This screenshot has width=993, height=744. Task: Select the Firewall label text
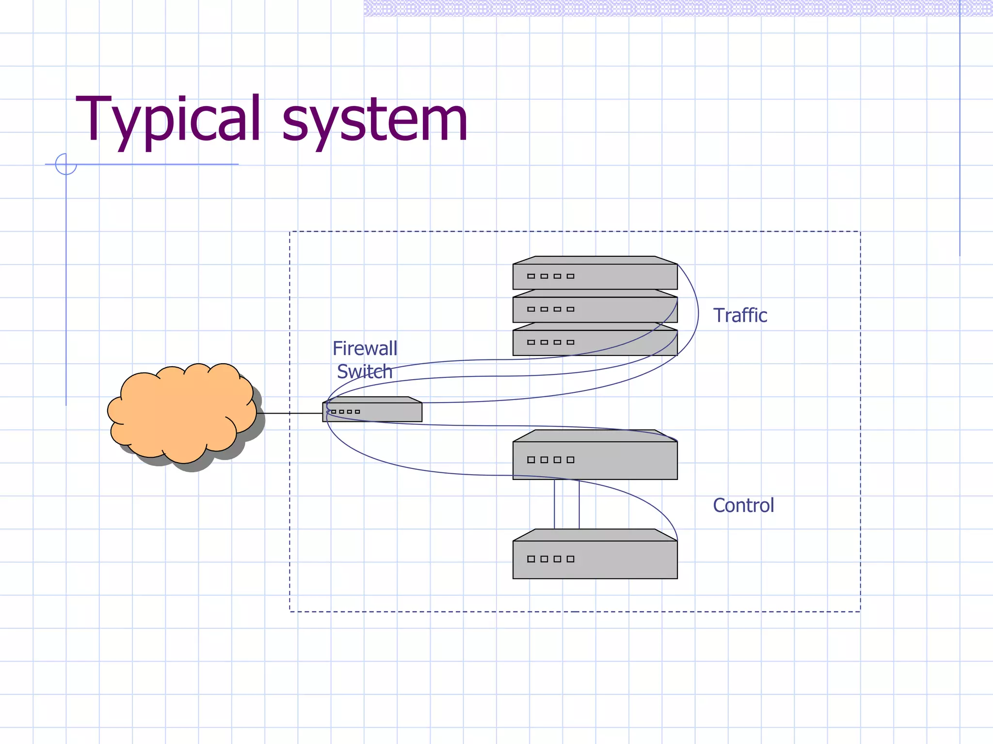(365, 348)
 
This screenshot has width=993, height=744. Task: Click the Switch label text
(365, 372)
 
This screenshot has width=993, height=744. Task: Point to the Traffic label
(740, 315)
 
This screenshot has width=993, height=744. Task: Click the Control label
(743, 505)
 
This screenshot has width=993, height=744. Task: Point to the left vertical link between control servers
(555, 504)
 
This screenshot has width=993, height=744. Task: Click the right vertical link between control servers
(579, 504)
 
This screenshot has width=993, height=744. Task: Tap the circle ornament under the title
(66, 164)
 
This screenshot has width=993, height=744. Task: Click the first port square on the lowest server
(531, 559)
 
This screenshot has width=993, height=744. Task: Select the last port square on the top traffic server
(571, 276)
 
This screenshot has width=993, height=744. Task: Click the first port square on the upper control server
(531, 460)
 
